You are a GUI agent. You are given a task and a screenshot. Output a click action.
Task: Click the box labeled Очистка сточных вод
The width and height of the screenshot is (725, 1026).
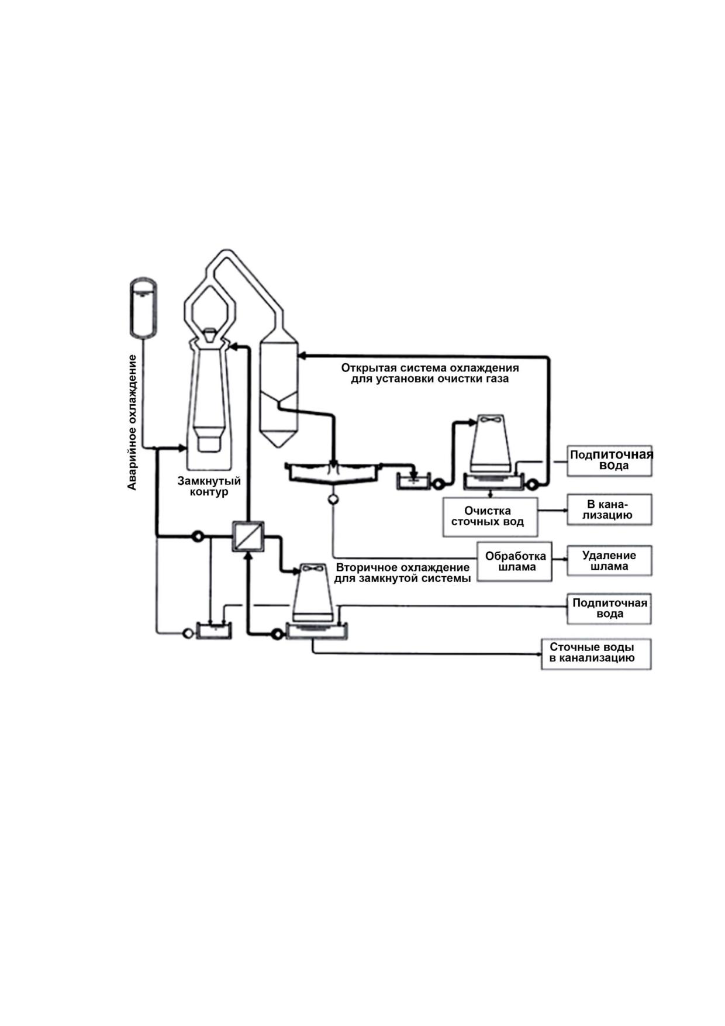coord(490,517)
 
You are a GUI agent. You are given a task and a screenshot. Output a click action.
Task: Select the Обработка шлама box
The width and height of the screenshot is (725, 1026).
coord(515,562)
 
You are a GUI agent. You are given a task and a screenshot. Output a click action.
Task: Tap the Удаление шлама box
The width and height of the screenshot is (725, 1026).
coord(609,561)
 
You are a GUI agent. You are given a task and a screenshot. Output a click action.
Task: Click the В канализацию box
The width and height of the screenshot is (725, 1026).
coord(609,509)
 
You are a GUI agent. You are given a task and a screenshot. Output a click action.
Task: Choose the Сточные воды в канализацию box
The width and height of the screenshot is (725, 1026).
coord(596,653)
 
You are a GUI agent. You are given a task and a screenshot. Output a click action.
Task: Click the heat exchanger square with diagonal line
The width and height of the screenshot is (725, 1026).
coord(248,536)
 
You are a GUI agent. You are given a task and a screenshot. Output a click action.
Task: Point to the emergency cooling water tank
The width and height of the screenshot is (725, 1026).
coord(142,308)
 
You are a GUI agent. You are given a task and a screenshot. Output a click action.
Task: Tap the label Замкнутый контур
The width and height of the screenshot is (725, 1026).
coord(209,486)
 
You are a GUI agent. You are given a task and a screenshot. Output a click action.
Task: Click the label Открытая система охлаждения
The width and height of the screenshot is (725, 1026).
coord(430,368)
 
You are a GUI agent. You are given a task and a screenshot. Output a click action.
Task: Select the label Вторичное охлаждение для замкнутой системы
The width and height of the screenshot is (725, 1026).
coord(402,573)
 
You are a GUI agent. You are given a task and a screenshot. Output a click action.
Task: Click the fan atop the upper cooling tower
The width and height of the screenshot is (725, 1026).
coord(489,420)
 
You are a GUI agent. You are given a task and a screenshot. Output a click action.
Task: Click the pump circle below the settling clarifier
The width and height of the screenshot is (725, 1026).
coord(333,500)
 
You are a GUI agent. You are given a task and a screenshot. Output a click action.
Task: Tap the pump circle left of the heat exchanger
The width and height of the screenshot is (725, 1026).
coord(198,536)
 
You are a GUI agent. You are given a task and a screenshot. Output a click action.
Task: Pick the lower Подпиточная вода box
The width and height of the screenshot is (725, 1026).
coord(609,608)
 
